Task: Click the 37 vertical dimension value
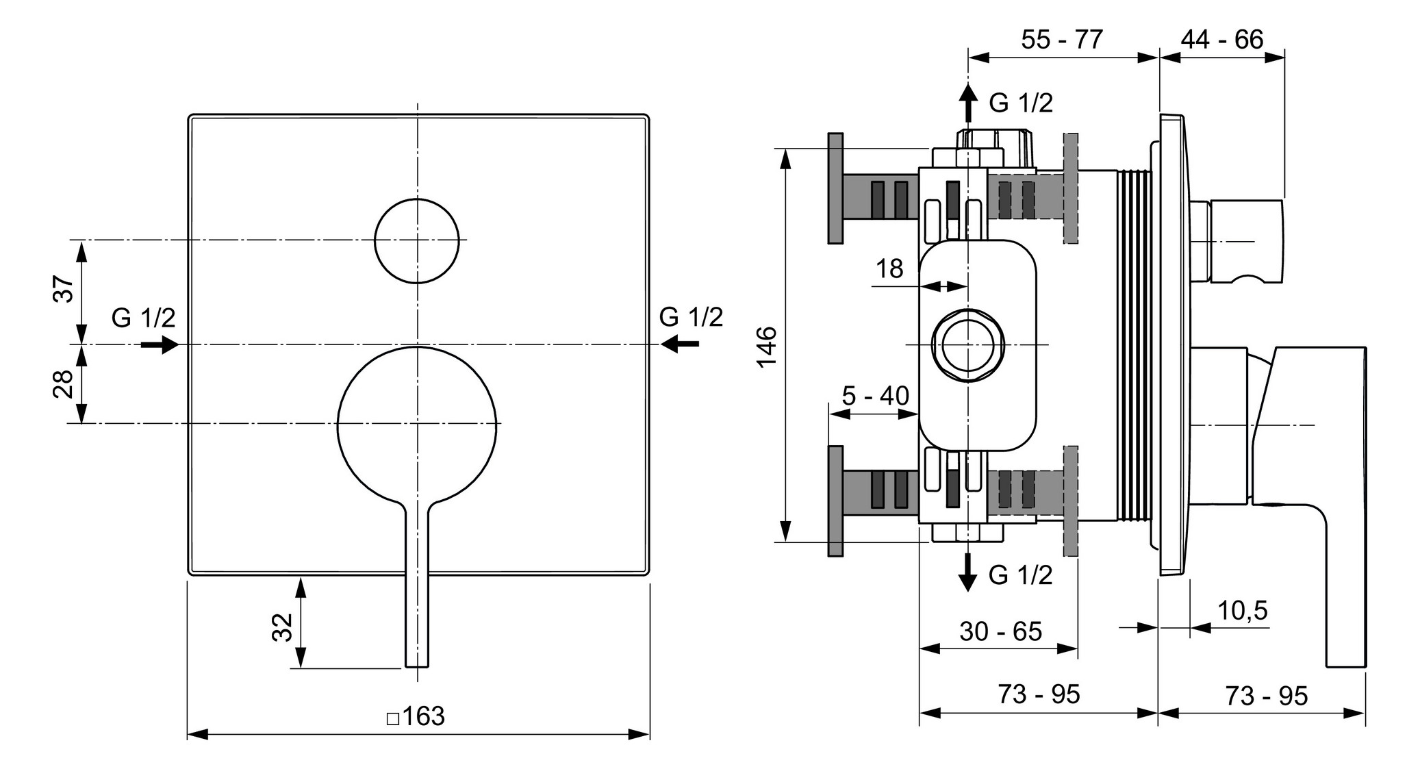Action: (x=64, y=289)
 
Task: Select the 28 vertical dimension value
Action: (x=64, y=383)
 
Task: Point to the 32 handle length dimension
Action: (x=283, y=627)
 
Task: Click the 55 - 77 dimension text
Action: (x=1062, y=40)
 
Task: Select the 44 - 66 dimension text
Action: (x=1221, y=40)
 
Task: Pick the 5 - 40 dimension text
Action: (x=875, y=395)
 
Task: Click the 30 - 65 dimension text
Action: (x=1000, y=631)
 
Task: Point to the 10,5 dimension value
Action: (x=1242, y=609)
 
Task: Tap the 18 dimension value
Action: (x=889, y=268)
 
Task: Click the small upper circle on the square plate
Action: (x=417, y=240)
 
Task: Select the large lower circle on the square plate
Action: (x=417, y=426)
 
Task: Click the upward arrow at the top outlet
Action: (x=967, y=103)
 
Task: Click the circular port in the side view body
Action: (x=967, y=344)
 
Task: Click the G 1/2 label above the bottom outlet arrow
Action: (x=1020, y=575)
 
